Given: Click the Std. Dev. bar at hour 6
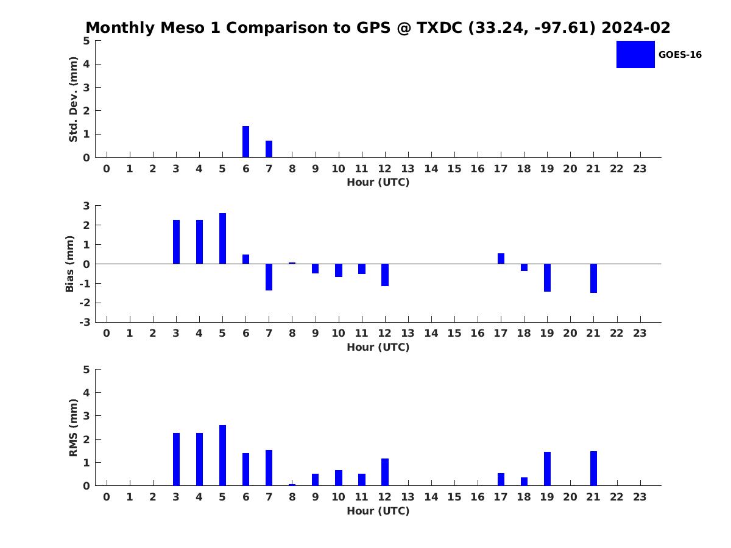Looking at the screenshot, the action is tap(245, 141).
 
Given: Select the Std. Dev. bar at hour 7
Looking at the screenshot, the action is tap(269, 149).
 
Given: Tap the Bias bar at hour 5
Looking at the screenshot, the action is tap(222, 238).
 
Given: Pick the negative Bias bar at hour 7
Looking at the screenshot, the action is tap(269, 277).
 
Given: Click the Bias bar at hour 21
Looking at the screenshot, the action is tap(593, 278).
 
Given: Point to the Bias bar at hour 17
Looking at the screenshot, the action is tap(501, 259).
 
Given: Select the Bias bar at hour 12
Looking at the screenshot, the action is tap(385, 275).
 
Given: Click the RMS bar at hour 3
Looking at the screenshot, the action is tap(176, 459).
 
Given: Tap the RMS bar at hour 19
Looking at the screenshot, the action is tap(547, 468).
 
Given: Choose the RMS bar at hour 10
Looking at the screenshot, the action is tap(339, 478).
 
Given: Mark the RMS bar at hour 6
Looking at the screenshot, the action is tap(245, 469).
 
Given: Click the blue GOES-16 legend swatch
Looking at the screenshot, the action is tap(635, 55).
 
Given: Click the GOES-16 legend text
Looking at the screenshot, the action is tap(680, 55).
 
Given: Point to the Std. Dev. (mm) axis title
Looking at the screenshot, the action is tap(73, 99).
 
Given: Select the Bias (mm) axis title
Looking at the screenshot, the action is tap(69, 264).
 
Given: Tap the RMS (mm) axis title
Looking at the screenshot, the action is tap(73, 427).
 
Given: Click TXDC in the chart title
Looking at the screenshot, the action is tap(439, 27).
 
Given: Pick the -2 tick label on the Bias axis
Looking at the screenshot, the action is tap(85, 303).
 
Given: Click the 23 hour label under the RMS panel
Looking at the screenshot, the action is tap(640, 497).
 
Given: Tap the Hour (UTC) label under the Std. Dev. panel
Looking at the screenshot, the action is tap(378, 182).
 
